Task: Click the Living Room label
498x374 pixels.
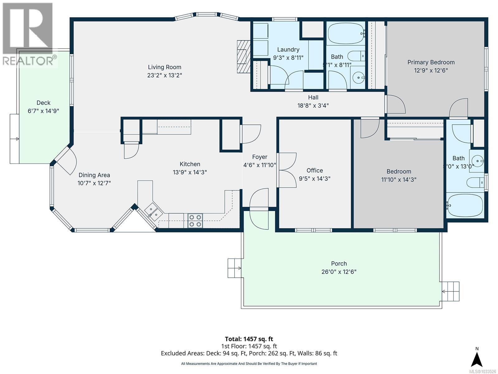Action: (164, 67)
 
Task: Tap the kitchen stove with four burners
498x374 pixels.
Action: (195, 221)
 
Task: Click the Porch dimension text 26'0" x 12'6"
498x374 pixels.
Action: (339, 272)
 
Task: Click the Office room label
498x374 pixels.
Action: (314, 170)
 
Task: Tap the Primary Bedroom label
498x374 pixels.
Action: (431, 62)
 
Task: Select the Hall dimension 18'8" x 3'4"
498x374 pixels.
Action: (313, 106)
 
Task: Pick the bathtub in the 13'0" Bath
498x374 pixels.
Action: (465, 205)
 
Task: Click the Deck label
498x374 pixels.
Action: (43, 103)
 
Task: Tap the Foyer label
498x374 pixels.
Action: (259, 157)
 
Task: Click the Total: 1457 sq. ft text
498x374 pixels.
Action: (249, 339)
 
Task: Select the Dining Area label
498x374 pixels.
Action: (94, 175)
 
